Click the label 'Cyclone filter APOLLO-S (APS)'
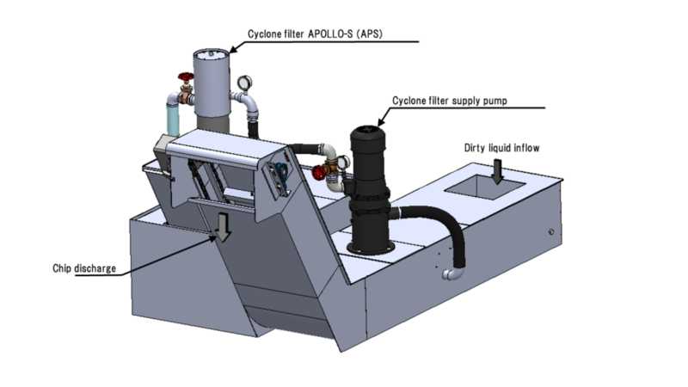[x=315, y=34]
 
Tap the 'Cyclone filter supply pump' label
[x=449, y=101]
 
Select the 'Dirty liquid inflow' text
[x=501, y=148]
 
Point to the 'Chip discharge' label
[x=84, y=268]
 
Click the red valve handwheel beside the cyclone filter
[x=186, y=77]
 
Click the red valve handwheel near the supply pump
[x=318, y=173]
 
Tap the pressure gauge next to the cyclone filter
[x=244, y=83]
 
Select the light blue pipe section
[x=173, y=120]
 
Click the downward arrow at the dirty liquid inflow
[x=497, y=171]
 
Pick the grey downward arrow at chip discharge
[x=223, y=227]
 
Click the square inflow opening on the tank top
[x=485, y=187]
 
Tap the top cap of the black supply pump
[x=368, y=131]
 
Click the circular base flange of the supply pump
[x=371, y=248]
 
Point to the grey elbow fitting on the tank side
[x=453, y=273]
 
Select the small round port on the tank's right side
[x=551, y=231]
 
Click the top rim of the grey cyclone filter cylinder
[x=212, y=54]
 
